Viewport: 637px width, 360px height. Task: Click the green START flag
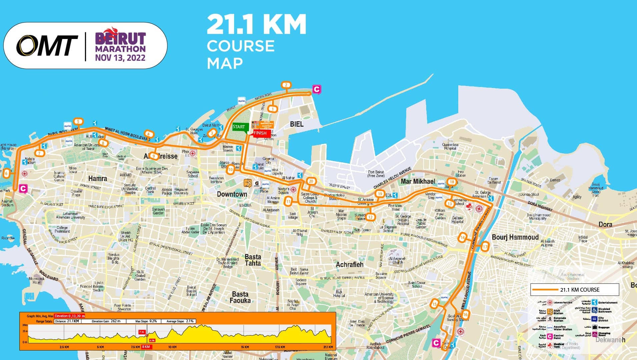239,127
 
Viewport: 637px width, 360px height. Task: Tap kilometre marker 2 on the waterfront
286,85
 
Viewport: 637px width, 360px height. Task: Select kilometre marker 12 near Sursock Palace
370,217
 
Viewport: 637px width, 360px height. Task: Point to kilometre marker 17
485,247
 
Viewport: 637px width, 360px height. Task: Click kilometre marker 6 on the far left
6,173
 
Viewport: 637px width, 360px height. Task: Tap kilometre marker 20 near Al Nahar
311,181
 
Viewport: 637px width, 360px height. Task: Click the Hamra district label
97,179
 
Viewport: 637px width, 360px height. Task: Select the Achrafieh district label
349,265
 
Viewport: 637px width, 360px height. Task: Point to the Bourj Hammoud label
515,237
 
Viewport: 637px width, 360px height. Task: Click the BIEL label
296,124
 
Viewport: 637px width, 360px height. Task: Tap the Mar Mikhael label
418,181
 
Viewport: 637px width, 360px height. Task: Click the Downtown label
232,194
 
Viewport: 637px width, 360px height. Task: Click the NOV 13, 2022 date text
120,58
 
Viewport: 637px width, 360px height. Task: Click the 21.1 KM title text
256,24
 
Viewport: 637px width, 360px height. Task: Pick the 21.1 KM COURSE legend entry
575,290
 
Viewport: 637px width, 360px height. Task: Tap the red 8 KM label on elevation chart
146,347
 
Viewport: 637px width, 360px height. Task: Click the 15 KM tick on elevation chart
245,347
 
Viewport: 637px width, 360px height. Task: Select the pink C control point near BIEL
316,89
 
